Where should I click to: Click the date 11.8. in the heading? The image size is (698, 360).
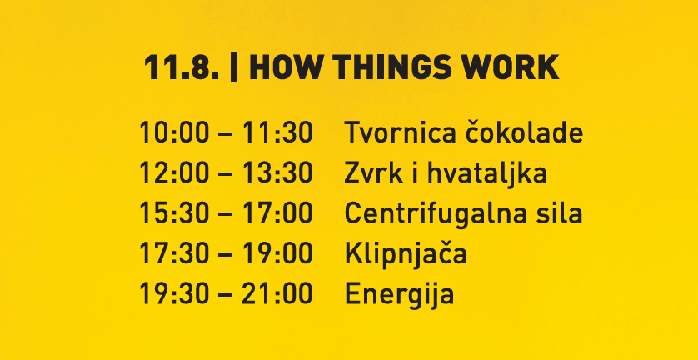pyautogui.click(x=182, y=67)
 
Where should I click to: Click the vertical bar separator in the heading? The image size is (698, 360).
pyautogui.click(x=233, y=67)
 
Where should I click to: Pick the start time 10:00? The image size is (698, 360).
pyautogui.click(x=174, y=132)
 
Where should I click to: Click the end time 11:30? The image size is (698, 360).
pyautogui.click(x=277, y=132)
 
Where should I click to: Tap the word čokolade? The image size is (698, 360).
pyautogui.click(x=521, y=132)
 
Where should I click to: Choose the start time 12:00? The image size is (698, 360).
pyautogui.click(x=174, y=172)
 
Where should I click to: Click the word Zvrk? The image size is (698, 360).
pyautogui.click(x=373, y=172)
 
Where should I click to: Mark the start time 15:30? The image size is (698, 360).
pyautogui.click(x=174, y=213)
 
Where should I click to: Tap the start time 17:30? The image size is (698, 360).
pyautogui.click(x=174, y=253)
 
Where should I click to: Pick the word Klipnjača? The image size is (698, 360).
pyautogui.click(x=406, y=254)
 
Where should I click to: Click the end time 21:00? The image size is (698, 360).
pyautogui.click(x=277, y=294)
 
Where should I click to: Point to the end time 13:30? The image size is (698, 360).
pyautogui.click(x=277, y=172)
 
